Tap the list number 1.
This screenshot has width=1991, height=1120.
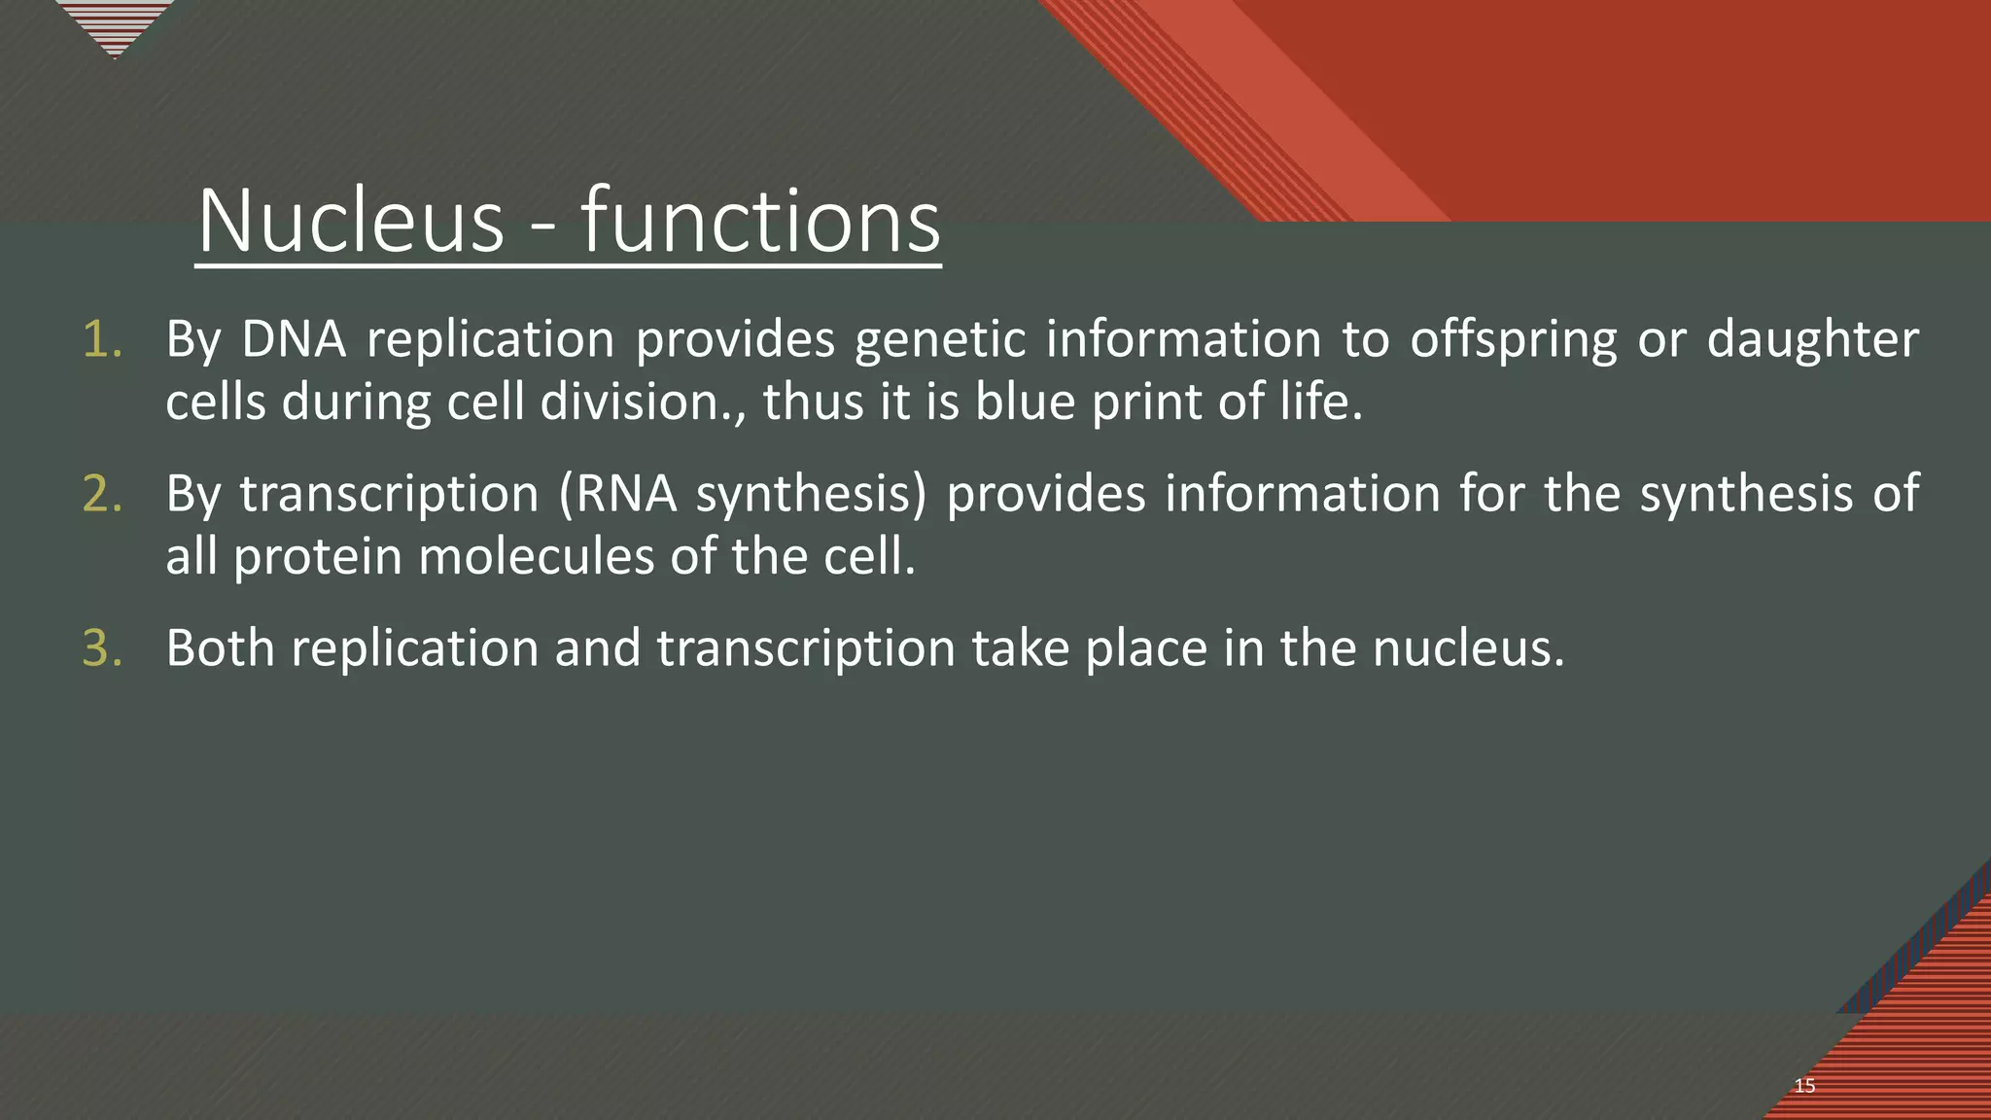(102, 340)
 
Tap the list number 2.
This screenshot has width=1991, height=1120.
(102, 494)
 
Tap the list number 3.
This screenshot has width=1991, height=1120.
(102, 648)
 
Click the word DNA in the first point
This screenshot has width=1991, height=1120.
(294, 340)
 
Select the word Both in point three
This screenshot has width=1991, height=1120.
(221, 648)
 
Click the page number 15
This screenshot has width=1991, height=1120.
(1804, 1086)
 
